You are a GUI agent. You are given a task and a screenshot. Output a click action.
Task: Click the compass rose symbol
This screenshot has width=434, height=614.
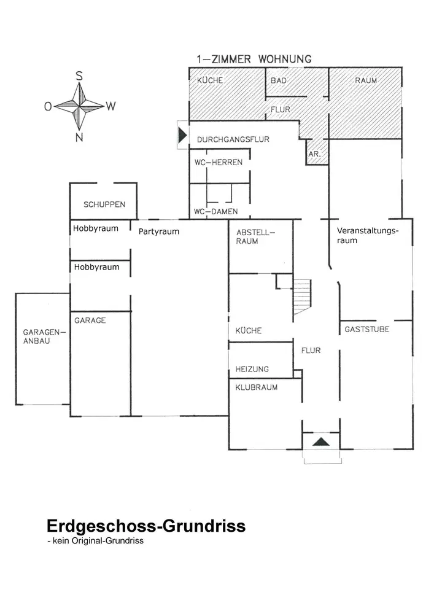point(79,105)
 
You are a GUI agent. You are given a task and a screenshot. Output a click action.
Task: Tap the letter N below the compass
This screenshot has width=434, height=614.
point(79,138)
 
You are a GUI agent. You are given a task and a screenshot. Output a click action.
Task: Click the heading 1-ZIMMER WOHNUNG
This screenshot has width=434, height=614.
point(254,60)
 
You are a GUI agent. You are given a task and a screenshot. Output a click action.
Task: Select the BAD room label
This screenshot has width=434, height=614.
point(279,80)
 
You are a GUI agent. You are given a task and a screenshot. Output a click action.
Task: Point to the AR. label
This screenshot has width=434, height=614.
point(314,154)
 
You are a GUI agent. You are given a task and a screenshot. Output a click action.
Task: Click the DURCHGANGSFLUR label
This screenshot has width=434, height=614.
point(233,140)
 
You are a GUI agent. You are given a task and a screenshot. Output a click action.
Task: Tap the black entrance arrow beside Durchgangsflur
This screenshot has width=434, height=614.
point(182,135)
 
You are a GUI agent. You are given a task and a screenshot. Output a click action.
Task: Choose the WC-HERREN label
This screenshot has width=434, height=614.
point(218,163)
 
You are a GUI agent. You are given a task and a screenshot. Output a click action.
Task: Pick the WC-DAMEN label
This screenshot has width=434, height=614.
point(215,212)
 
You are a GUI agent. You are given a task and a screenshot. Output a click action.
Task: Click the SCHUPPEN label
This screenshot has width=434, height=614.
point(104,204)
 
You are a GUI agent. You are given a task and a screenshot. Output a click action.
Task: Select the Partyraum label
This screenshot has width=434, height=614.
point(158,231)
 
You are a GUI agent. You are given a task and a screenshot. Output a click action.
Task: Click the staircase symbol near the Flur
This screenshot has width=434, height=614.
point(302,296)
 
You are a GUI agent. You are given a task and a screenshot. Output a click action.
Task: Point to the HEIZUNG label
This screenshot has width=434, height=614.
point(252,369)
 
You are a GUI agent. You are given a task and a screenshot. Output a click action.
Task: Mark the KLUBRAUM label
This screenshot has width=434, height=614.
point(257,387)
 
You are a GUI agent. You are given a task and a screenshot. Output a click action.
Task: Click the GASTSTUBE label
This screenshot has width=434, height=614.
point(366,329)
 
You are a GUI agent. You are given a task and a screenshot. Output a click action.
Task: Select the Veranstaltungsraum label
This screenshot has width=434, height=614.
point(368,236)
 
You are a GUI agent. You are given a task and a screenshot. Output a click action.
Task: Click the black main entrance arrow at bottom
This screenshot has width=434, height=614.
point(320,441)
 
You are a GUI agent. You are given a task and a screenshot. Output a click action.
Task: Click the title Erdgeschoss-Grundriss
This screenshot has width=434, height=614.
point(146,526)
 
